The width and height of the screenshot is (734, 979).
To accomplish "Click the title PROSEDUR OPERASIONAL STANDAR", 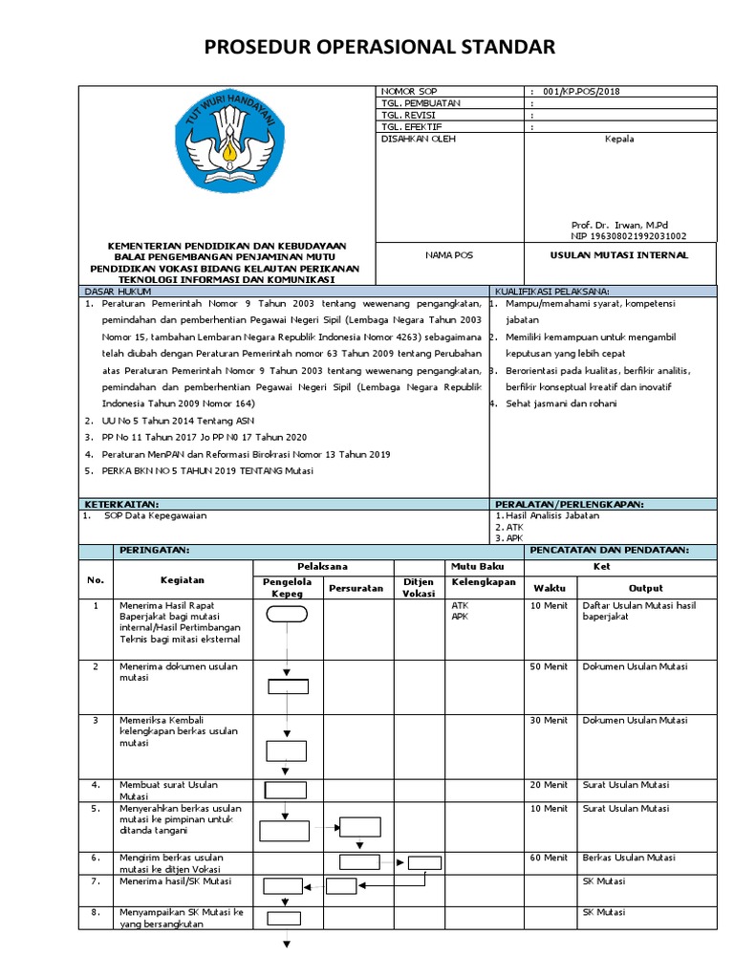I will (366, 48).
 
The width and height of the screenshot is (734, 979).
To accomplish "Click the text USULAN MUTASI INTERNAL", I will (619, 255).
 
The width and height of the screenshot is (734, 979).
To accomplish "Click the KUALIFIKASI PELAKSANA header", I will (552, 291).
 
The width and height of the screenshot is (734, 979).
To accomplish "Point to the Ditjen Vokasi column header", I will (419, 587).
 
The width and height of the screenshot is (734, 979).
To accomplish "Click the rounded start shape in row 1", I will (287, 615).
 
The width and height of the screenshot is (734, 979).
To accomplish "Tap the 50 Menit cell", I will (549, 666).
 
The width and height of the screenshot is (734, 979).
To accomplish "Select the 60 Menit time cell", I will (549, 858).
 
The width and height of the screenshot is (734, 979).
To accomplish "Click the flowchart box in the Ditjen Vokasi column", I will (424, 862).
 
